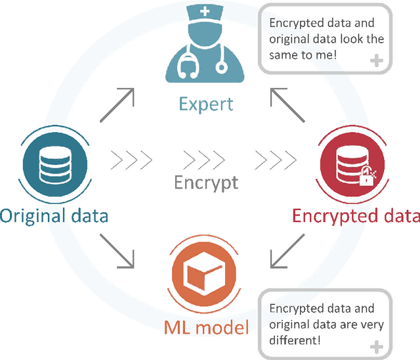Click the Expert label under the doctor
click(205, 104)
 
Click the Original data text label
click(54, 215)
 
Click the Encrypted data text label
click(355, 215)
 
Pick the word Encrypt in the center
click(206, 182)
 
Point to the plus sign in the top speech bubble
click(377, 62)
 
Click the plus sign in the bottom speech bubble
click(377, 346)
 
